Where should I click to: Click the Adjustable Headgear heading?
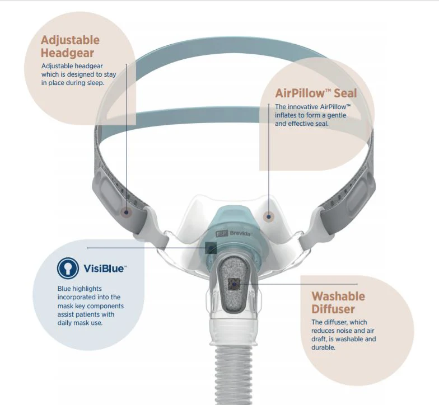tap(70, 46)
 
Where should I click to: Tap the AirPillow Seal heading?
tap(315, 93)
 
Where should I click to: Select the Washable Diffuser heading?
tap(338, 302)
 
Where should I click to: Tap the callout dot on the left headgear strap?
tap(127, 212)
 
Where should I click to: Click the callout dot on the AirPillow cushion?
tap(269, 216)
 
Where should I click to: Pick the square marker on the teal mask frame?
tap(211, 247)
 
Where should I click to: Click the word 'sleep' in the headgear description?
tap(96, 83)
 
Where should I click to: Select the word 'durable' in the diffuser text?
tap(323, 347)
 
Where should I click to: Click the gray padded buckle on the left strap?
tap(109, 193)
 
